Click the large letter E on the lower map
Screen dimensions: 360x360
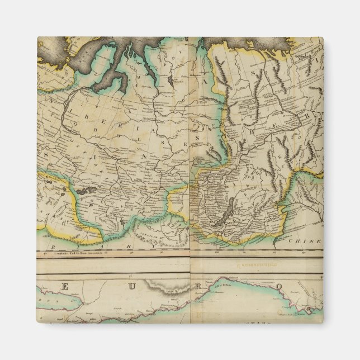65,287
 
